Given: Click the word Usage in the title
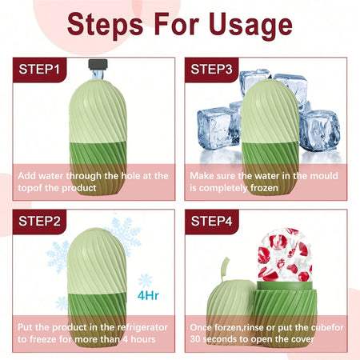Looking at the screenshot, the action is (250, 25).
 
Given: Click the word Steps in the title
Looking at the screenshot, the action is (105, 26).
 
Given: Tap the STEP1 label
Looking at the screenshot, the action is (39, 70).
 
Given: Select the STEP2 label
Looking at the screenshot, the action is (39, 221).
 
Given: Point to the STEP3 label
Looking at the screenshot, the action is (211, 70).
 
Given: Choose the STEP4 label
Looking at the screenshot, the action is (211, 221).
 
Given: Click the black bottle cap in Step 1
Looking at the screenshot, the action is (98, 65).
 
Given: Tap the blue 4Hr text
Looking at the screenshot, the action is (148, 295).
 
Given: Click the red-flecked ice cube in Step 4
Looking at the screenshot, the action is (285, 254).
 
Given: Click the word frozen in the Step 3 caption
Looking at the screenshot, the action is (264, 188).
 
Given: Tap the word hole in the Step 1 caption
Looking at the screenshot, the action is (131, 176).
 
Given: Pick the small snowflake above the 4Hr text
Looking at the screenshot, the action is (145, 281).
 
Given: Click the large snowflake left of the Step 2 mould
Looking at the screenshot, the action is (58, 257).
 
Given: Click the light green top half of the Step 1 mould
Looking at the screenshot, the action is (98, 111).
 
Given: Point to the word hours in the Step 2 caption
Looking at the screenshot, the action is (143, 339).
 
